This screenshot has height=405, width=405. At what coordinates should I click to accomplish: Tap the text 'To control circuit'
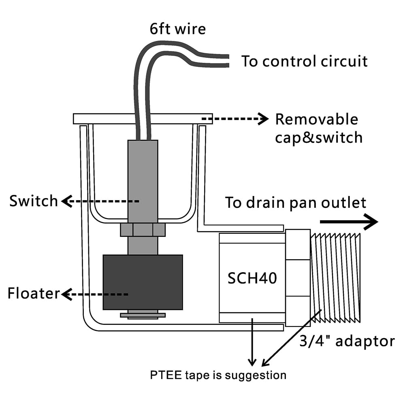pos(305,61)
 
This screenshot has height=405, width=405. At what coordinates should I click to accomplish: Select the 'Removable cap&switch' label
pos(318,128)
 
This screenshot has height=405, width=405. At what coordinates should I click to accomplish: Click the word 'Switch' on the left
pos(34,201)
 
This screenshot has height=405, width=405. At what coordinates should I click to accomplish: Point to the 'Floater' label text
pos(34,294)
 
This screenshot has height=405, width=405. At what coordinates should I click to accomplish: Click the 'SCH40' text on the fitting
pos(252,278)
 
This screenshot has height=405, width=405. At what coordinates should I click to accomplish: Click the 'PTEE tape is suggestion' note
pos(218,375)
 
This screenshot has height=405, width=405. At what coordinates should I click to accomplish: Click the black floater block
pos(143,282)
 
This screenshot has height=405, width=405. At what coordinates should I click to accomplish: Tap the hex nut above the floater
pos(143,230)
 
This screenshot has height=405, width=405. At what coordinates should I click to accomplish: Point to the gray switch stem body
pos(143,178)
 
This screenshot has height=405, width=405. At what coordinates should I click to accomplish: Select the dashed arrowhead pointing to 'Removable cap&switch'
pos(264,119)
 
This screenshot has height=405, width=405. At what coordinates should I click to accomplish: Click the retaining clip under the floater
pos(143,315)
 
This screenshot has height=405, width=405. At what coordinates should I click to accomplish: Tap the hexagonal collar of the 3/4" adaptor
pos(298,277)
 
